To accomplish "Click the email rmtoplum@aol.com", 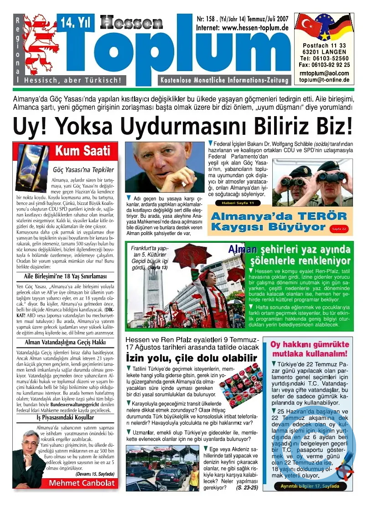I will [324, 73].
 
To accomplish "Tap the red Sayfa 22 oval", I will [339, 228].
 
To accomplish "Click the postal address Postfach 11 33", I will [324, 46].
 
